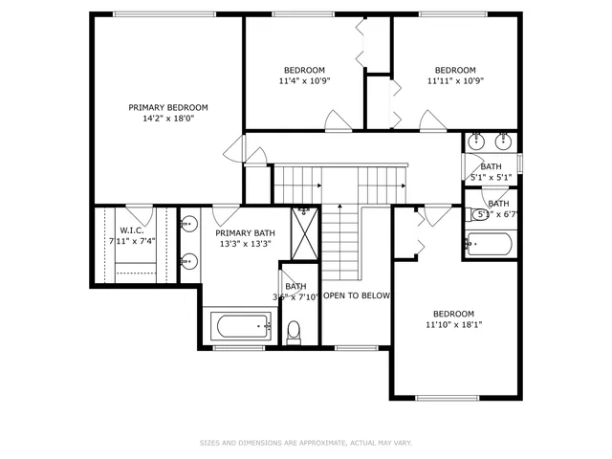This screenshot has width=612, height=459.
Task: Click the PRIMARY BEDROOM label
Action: [168, 107]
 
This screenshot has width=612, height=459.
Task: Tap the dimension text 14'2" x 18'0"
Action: [168, 120]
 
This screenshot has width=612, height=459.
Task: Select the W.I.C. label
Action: [131, 229]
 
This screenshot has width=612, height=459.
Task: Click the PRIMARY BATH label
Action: [245, 233]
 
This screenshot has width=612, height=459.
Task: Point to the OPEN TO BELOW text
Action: [357, 295]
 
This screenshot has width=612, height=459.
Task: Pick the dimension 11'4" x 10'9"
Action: [304, 81]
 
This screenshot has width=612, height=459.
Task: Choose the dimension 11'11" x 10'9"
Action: [455, 81]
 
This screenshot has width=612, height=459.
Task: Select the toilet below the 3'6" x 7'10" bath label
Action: [295, 331]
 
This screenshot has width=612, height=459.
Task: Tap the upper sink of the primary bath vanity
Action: [188, 227]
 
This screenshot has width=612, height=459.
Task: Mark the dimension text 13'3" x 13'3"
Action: [245, 245]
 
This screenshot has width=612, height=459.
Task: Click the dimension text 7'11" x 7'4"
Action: [131, 241]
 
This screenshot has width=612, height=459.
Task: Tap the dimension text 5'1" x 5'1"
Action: [491, 178]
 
